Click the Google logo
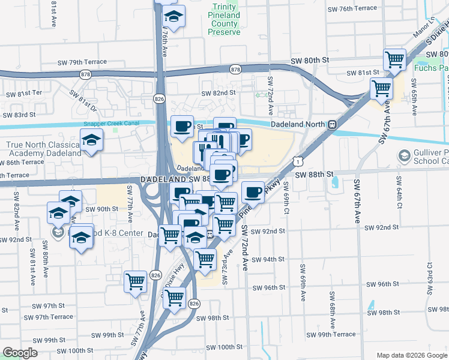pyautogui.click(x=20, y=353)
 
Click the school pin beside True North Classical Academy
pyautogui.click(x=91, y=140)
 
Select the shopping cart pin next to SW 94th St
pyautogui.click(x=205, y=259)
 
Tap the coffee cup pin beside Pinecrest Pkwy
pyautogui.click(x=253, y=193)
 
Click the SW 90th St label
pyautogui.click(x=100, y=209)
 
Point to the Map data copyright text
pyautogui.click(x=411, y=355)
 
